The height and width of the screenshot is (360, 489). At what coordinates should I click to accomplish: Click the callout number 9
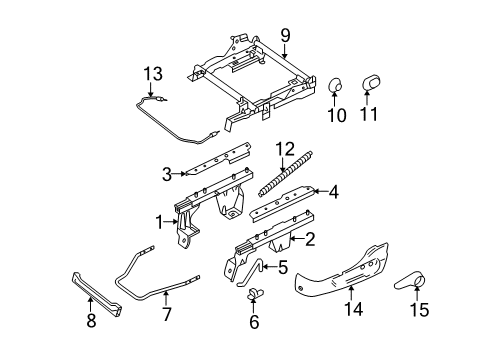point(285,36)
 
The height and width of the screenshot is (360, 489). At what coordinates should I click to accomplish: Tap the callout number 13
point(153,74)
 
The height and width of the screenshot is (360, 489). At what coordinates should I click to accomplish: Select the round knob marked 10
point(334,85)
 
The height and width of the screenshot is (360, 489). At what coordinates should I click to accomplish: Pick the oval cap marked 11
point(371,83)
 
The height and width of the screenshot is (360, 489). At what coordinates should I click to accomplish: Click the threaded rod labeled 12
point(286,173)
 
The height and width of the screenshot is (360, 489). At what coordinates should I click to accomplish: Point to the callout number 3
point(167,174)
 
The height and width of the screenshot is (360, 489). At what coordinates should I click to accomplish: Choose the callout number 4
point(333,192)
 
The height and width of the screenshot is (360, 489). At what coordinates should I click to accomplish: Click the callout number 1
point(160,223)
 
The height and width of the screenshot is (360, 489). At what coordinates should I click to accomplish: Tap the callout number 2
point(310,239)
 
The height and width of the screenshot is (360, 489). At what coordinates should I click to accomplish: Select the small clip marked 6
point(255,293)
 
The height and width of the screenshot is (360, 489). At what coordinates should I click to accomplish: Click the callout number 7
point(166,315)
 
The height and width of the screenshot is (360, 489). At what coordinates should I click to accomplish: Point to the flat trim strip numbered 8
point(97,294)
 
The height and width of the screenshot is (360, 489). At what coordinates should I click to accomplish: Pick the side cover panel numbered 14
point(342,271)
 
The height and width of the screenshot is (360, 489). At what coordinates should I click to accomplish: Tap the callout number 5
point(282,268)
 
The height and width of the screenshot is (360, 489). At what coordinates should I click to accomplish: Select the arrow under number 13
point(150,90)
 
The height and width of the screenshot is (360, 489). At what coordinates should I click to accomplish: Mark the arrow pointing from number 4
point(320,191)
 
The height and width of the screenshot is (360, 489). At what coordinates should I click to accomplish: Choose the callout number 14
point(353,309)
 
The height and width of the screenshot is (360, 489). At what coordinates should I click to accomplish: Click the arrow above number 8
point(90,304)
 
